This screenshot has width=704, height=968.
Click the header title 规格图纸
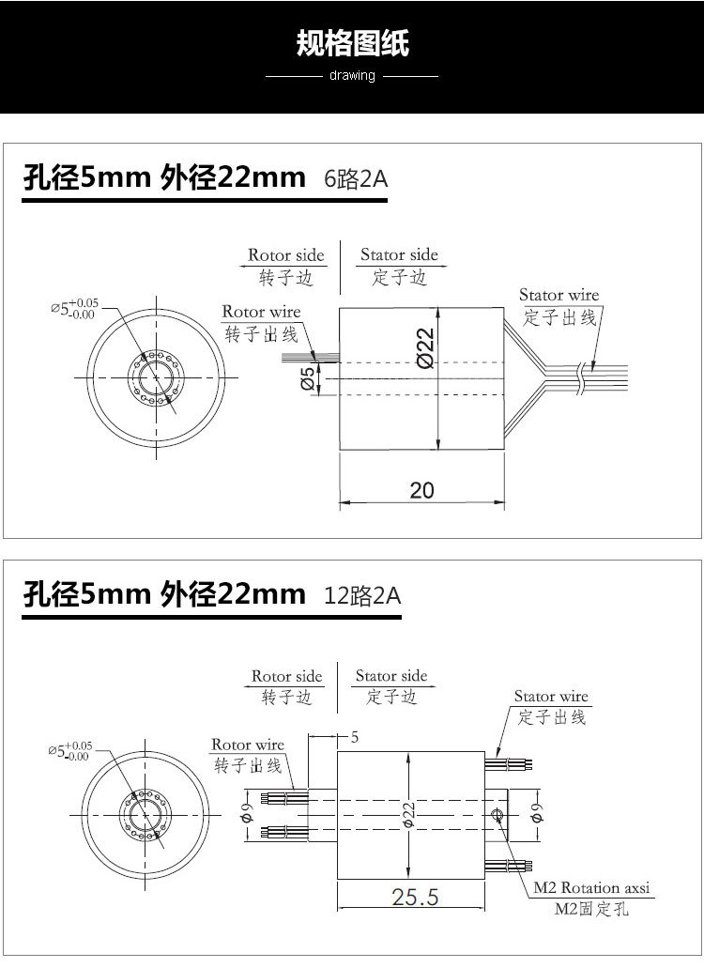click(352, 43)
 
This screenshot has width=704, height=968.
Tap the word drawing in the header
click(352, 75)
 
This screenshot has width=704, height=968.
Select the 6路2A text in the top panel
click(355, 178)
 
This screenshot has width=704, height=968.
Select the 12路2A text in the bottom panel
click(361, 595)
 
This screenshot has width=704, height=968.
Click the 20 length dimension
click(422, 490)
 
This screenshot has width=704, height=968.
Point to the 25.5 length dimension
click(415, 897)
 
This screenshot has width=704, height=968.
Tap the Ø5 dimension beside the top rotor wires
click(307, 380)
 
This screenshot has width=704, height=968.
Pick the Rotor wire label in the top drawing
click(261, 312)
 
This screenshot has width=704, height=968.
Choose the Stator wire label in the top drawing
click(559, 296)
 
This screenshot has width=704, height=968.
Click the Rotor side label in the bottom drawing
click(286, 676)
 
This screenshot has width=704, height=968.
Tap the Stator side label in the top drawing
click(399, 255)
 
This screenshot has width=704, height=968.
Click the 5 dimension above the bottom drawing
click(355, 738)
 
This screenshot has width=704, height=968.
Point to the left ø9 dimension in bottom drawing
click(246, 815)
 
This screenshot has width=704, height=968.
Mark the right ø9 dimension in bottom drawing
click(535, 813)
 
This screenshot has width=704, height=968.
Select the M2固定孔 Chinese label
click(591, 909)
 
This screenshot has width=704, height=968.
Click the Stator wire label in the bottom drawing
click(551, 697)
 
